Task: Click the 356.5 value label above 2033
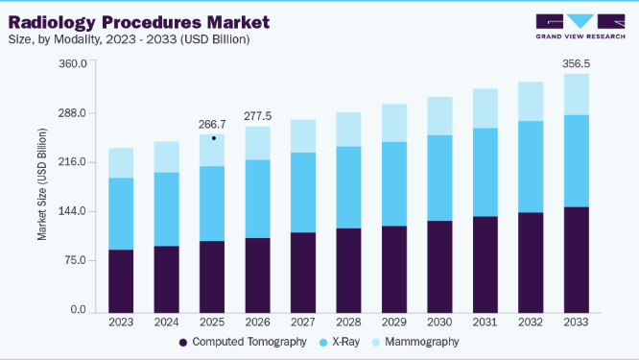tap(576, 63)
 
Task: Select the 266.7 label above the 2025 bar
tap(212, 125)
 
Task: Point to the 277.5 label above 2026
tap(257, 116)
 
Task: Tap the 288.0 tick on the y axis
tap(73, 113)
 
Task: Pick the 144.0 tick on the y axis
tap(73, 211)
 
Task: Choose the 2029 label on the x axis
tap(394, 323)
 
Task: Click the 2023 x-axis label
tap(121, 323)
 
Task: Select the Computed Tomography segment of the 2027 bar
tap(303, 273)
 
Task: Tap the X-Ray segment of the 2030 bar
tap(439, 179)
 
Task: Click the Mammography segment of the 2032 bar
tap(531, 102)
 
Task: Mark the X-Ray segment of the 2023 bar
tap(121, 214)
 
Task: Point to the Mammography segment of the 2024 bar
tap(167, 157)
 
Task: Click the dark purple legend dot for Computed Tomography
tap(183, 343)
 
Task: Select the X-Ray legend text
tap(346, 342)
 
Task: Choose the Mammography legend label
tap(422, 342)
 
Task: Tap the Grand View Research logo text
tap(580, 36)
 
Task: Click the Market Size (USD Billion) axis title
tap(42, 184)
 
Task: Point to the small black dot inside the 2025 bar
tap(214, 138)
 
